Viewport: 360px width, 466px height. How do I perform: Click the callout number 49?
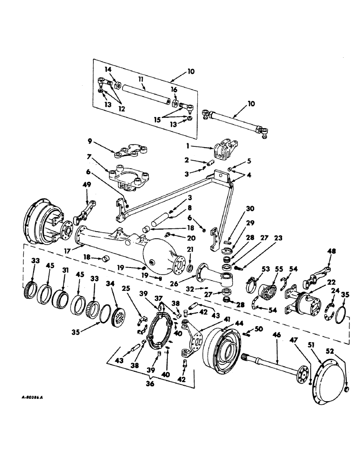pyautogui.click(x=87, y=185)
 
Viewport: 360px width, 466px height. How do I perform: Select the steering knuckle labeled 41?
pyautogui.click(x=190, y=338)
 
